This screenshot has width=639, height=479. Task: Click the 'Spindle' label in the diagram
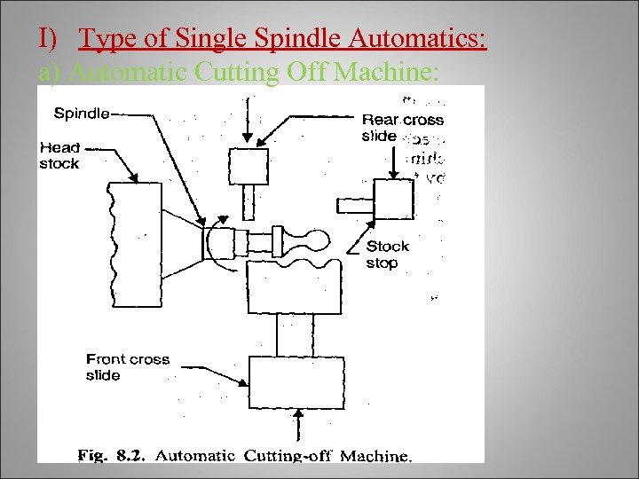pyautogui.click(x=81, y=113)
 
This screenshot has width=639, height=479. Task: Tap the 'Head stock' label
pyautogui.click(x=59, y=155)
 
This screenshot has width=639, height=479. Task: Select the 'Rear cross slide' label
pyautogui.click(x=402, y=128)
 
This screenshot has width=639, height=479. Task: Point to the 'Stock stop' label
pyautogui.click(x=388, y=254)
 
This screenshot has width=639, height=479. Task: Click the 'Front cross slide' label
pyautogui.click(x=127, y=367)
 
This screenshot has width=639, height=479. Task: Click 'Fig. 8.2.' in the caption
pyautogui.click(x=113, y=456)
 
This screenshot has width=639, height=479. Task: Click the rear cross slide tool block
pyautogui.click(x=248, y=166)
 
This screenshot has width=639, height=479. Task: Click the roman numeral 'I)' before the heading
pyautogui.click(x=49, y=39)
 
